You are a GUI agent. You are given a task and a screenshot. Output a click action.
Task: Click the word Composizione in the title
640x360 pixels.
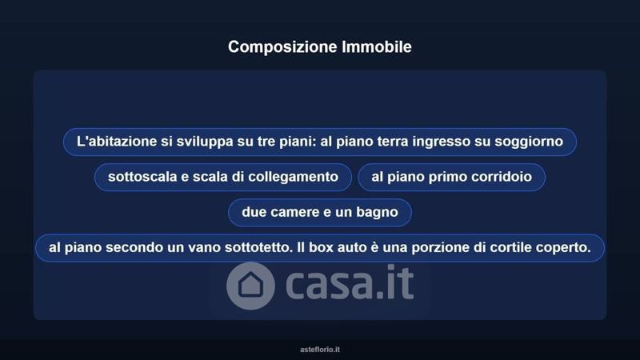pyautogui.click(x=283, y=47)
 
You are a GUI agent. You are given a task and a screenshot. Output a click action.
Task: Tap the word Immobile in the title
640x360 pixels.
pyautogui.click(x=377, y=46)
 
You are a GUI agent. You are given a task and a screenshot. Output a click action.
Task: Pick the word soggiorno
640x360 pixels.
pyautogui.click(x=529, y=142)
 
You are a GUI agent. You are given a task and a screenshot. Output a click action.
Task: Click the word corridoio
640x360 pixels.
pyautogui.click(x=502, y=177)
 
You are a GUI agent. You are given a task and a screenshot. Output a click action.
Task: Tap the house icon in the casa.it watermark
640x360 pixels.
pyautogui.click(x=250, y=286)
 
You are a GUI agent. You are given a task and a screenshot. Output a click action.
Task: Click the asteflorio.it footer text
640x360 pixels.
pyautogui.click(x=320, y=350)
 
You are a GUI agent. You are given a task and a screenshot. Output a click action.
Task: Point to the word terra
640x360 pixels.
pyautogui.click(x=392, y=142)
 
